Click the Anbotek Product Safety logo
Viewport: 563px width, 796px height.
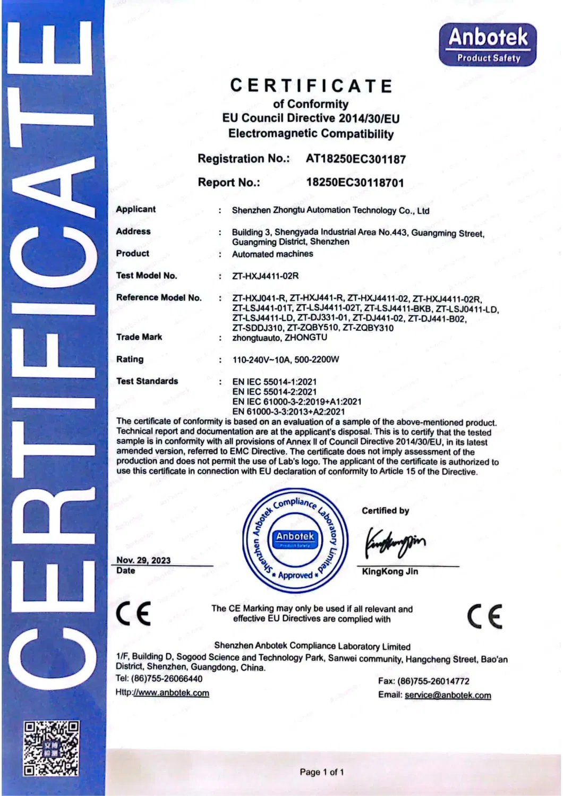(x=488, y=45)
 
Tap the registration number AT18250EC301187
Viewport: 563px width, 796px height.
(x=355, y=159)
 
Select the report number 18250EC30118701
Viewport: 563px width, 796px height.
(x=355, y=183)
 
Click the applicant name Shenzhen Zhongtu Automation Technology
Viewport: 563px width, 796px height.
(x=330, y=210)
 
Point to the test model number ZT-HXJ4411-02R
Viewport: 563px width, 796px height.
(x=265, y=276)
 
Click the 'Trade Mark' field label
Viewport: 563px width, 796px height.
(x=139, y=337)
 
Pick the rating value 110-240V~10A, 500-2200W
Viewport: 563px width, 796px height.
(x=285, y=360)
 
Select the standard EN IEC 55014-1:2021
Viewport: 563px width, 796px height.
(x=274, y=382)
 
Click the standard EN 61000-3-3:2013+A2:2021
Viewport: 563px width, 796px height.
(x=288, y=412)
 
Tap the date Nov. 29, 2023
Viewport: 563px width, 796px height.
(x=143, y=560)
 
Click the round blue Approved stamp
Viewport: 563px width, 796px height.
(x=295, y=540)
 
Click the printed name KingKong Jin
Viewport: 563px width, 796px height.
(x=390, y=572)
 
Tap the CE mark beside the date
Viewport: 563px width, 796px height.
(x=133, y=614)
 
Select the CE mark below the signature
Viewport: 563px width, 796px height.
(x=484, y=617)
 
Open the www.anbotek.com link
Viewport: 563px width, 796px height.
(x=171, y=693)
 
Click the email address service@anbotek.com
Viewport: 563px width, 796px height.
(x=448, y=695)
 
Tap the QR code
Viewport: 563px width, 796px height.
(x=52, y=748)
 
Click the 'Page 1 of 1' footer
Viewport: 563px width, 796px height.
(x=322, y=772)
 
